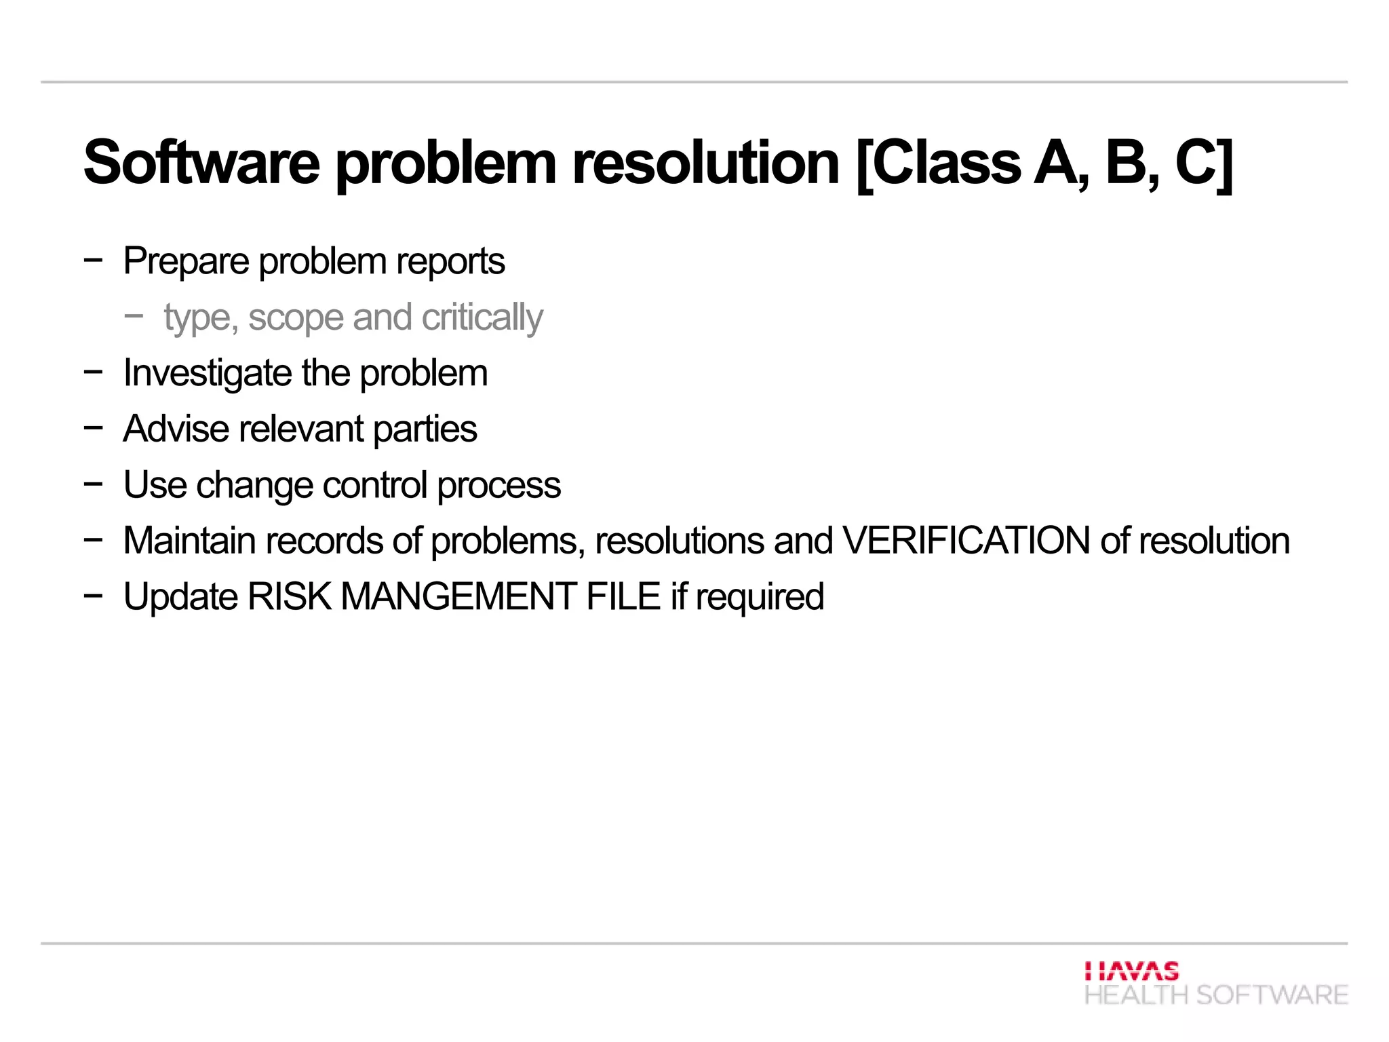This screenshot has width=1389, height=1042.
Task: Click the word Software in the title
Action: pos(201,163)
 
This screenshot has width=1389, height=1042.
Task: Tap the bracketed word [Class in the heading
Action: pos(938,163)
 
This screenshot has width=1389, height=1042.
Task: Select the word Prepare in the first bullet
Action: pos(186,261)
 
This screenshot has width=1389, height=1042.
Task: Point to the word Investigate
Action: pos(207,374)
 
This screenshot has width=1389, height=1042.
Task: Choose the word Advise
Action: pos(176,429)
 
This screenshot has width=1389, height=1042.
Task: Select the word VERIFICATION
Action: pos(966,541)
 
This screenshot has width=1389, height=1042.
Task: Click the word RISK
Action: pos(290,597)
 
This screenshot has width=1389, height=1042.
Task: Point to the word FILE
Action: pos(623,597)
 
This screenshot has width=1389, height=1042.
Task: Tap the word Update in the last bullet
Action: pos(180,597)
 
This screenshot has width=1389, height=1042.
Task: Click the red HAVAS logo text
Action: pos(1131,971)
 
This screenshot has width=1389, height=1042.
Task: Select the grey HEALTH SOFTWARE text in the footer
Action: pos(1216,995)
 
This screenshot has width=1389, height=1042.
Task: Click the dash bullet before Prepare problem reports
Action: pos(94,259)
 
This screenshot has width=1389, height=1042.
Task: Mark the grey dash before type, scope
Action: pos(134,315)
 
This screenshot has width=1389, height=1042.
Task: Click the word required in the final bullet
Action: pos(760,598)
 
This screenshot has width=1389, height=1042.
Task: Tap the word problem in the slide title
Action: pos(446,163)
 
